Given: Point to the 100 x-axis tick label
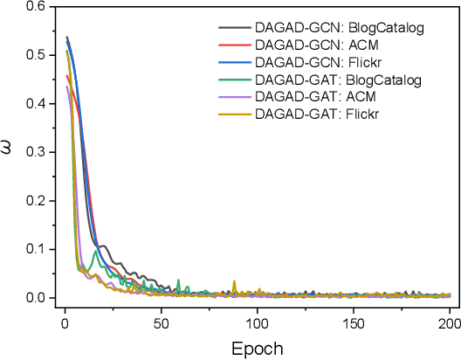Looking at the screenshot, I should pos(256,322).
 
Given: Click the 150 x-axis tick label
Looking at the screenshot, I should pos(352,322).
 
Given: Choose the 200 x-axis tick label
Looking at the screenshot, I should pos(448,322).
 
